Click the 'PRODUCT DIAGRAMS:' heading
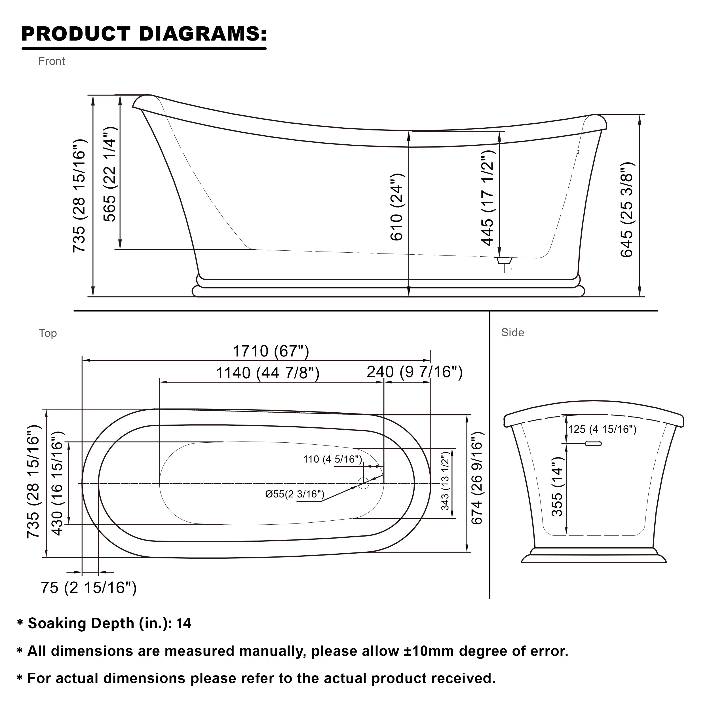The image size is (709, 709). pos(144,34)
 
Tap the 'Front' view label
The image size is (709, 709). pos(51,61)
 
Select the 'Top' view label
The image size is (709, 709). pos(48,333)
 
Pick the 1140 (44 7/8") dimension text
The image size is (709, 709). pos(267,373)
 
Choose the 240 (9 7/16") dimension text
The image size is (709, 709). pos(415,372)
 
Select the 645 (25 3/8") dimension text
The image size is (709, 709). pos(627,210)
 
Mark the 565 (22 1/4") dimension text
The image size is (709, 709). pos(110,174)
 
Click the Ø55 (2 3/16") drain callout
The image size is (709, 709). pos(295,494)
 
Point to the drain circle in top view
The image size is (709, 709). pos(363,483)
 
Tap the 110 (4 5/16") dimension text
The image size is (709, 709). pos(332,459)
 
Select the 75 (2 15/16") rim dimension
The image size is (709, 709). pos(88,588)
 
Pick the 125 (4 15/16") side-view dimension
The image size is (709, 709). pos(602,429)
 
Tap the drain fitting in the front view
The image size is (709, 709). pos(504,261)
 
